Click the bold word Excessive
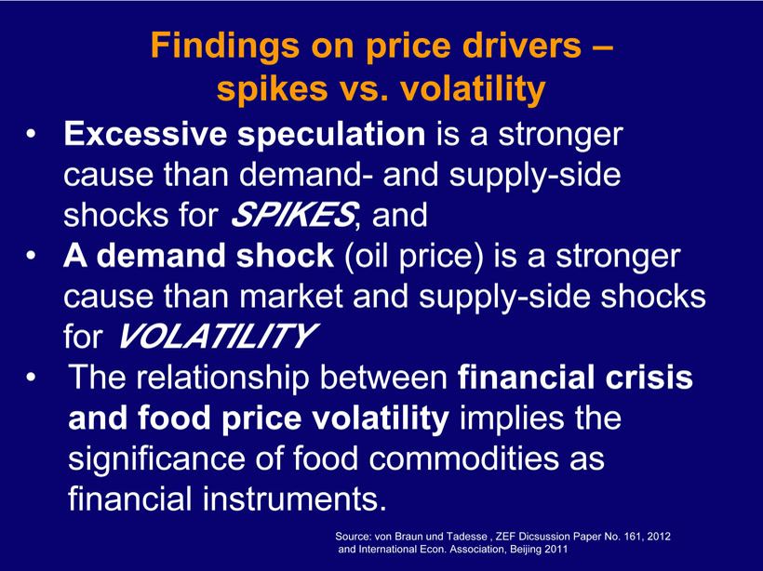pyautogui.click(x=145, y=134)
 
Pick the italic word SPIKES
pyautogui.click(x=293, y=214)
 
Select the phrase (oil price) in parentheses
pyautogui.click(x=414, y=257)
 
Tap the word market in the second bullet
pyautogui.click(x=291, y=296)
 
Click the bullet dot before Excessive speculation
pyautogui.click(x=31, y=135)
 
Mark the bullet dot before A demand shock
pyautogui.click(x=31, y=256)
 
